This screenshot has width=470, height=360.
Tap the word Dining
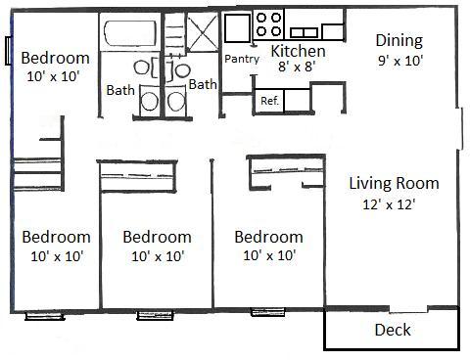(399, 40)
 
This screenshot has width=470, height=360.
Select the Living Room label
(394, 183)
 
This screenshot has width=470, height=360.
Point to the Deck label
(393, 330)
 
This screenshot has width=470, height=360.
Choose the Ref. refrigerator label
(268, 100)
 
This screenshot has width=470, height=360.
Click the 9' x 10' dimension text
(399, 61)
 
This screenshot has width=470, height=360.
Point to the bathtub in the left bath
(128, 34)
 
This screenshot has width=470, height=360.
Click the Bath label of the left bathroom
(120, 91)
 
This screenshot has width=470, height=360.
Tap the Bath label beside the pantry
(203, 84)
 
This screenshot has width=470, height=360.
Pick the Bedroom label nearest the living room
(268, 237)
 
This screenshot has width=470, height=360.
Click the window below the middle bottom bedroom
(154, 315)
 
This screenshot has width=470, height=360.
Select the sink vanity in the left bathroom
(149, 100)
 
